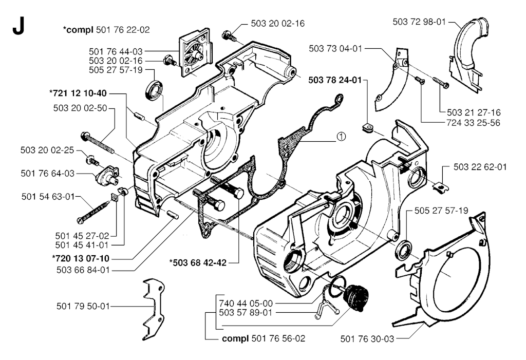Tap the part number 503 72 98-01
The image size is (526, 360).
pyautogui.click(x=418, y=22)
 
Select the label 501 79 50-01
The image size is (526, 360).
pyautogui.click(x=83, y=306)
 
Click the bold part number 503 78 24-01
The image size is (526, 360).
pyautogui.click(x=335, y=81)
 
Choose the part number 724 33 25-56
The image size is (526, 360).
pyautogui.click(x=474, y=123)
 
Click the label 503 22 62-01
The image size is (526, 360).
pyautogui.click(x=480, y=167)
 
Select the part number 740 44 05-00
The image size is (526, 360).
pyautogui.click(x=246, y=304)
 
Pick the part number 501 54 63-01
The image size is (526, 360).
pyautogui.click(x=48, y=196)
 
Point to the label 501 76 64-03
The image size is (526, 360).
pyautogui.click(x=48, y=174)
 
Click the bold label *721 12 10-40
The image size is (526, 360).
pyautogui.click(x=78, y=93)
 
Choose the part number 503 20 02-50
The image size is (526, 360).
pyautogui.click(x=80, y=108)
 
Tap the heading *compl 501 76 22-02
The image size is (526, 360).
pyautogui.click(x=107, y=30)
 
